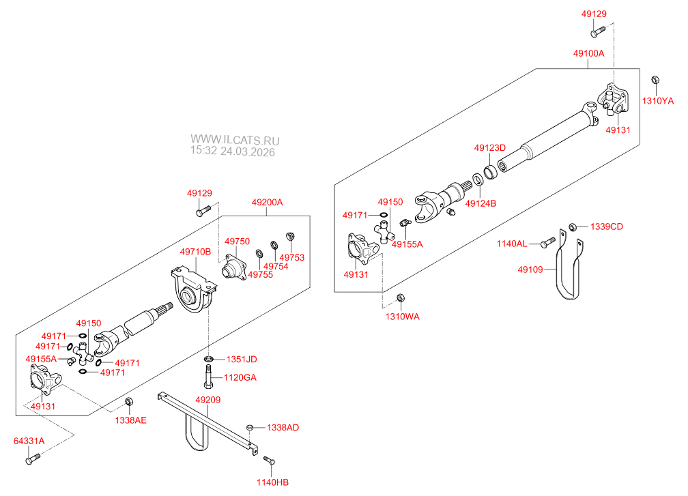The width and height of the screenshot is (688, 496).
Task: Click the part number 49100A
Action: point(588,53)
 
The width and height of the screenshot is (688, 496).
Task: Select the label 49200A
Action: point(267,203)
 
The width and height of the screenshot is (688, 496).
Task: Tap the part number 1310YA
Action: point(657,101)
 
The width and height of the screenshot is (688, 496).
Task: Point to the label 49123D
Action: point(490,148)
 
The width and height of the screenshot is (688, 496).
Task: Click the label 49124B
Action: point(481,203)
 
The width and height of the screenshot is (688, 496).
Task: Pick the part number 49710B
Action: point(195,252)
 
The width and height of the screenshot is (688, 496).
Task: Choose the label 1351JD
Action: point(242,360)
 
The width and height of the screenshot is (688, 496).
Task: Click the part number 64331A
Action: point(29,441)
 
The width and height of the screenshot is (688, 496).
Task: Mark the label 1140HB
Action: point(273,482)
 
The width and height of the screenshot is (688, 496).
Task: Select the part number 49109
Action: point(530,269)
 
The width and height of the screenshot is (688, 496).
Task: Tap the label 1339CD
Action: point(607,227)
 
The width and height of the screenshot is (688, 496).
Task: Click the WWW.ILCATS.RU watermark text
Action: point(235,140)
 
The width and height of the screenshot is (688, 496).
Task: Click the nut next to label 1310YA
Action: point(654,81)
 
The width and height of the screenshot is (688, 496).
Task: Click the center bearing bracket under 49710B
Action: point(192,294)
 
